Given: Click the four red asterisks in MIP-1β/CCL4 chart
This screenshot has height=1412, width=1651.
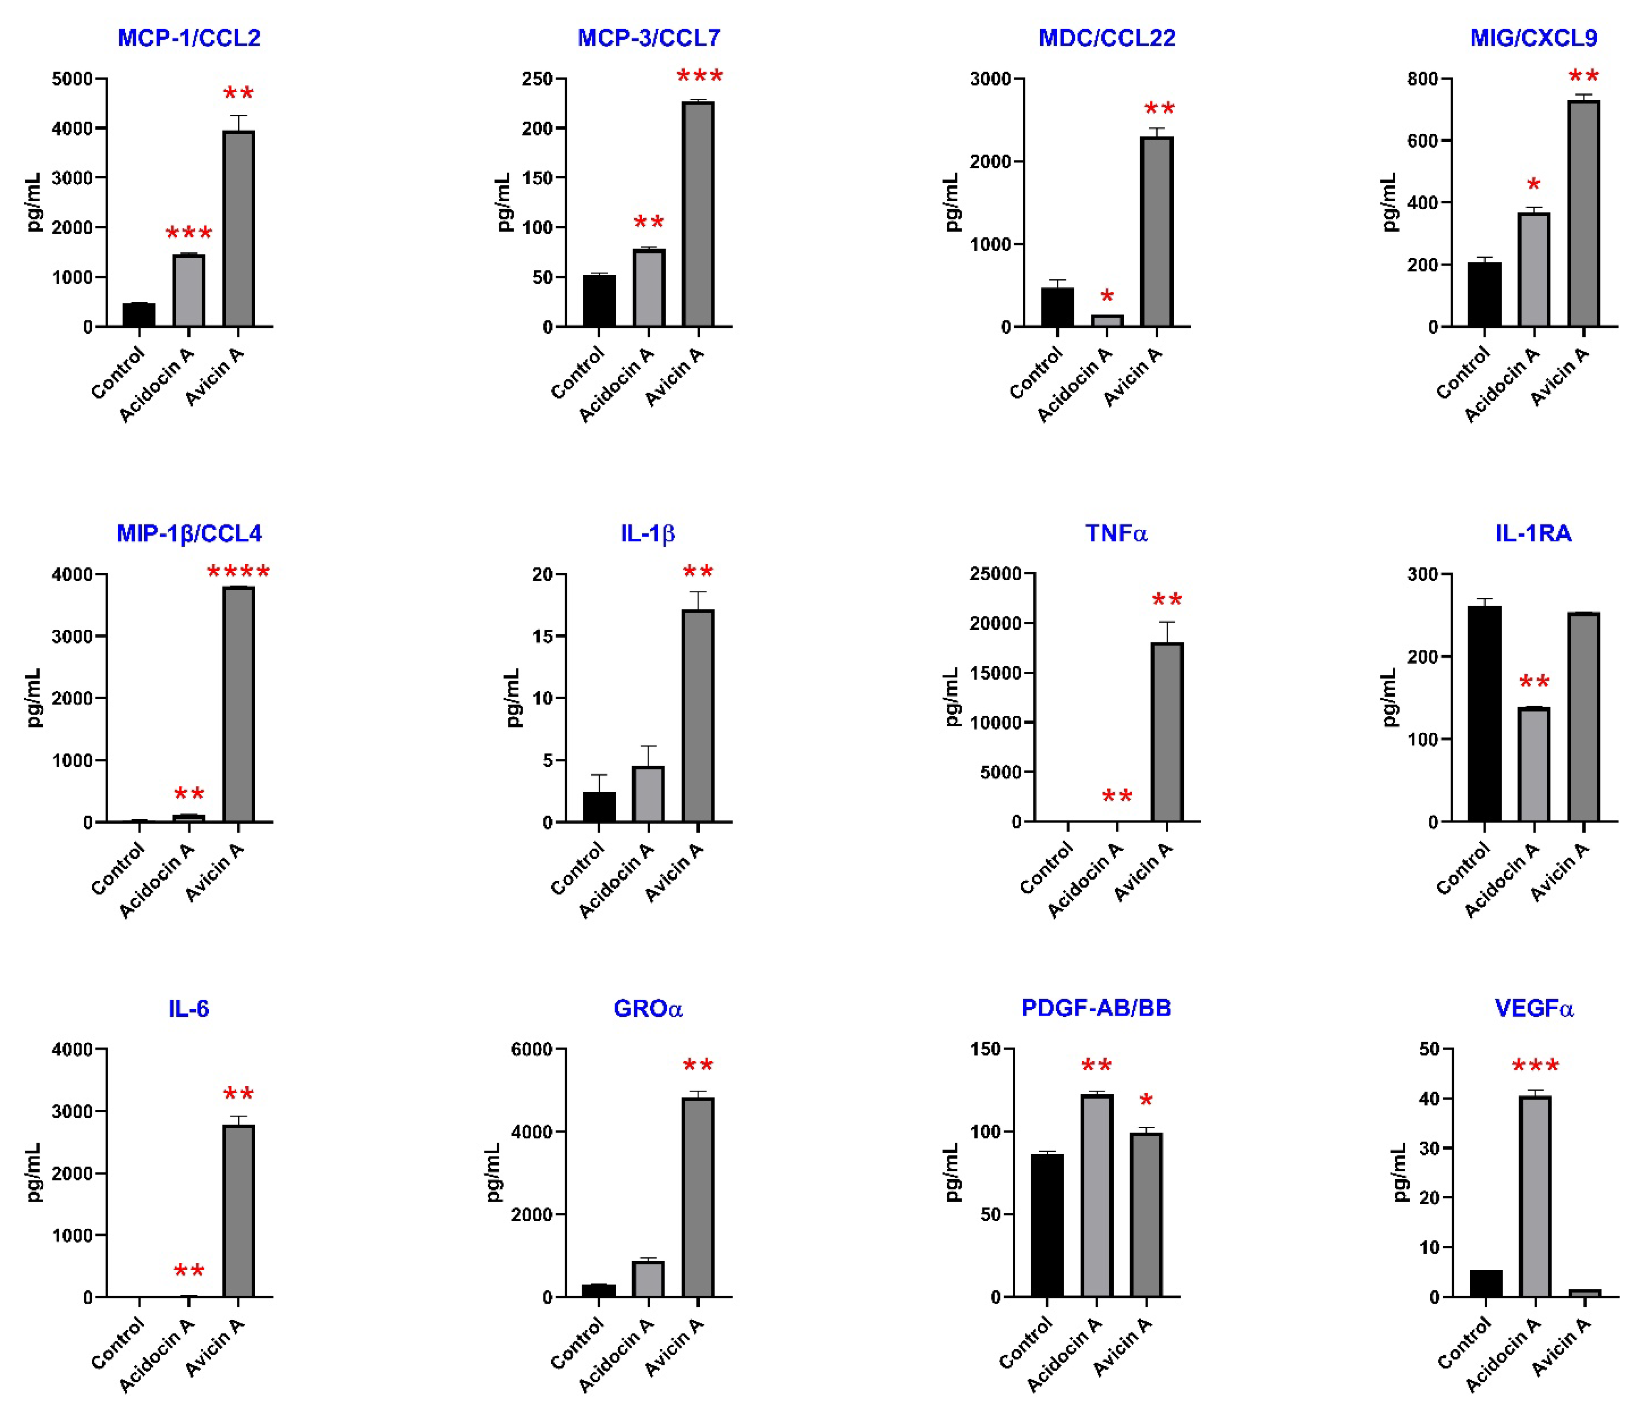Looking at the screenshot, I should pyautogui.click(x=238, y=572).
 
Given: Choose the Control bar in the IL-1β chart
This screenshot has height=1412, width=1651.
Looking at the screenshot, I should pyautogui.click(x=599, y=806).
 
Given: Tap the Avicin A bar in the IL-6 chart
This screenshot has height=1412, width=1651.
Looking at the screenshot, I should pyautogui.click(x=238, y=1211).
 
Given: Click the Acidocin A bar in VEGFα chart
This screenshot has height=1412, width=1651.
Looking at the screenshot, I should pyautogui.click(x=1535, y=1196).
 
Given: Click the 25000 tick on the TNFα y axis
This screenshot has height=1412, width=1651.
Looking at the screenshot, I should pyautogui.click(x=995, y=574).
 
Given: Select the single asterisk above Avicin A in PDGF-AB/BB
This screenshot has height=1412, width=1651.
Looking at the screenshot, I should pyautogui.click(x=1146, y=1101).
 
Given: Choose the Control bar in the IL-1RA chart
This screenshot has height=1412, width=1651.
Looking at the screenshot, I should pyautogui.click(x=1484, y=713).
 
